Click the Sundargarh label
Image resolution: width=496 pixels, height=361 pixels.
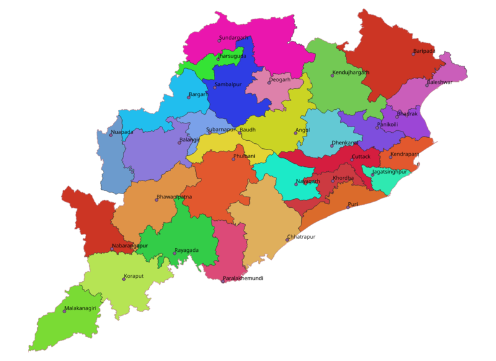[234, 38]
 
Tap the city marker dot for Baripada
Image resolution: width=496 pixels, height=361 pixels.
[414, 54]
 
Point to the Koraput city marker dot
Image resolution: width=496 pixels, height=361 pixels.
[124, 279]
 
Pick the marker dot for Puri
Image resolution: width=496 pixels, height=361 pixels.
[348, 207]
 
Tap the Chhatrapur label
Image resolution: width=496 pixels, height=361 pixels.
[302, 237]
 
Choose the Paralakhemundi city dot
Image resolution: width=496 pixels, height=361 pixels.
[223, 282]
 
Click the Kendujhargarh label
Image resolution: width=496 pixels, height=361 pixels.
[350, 73]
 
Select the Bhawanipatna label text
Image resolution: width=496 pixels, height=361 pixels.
[174, 197]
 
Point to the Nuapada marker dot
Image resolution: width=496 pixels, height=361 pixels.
[111, 135]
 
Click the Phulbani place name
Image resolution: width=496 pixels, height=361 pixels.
[244, 156]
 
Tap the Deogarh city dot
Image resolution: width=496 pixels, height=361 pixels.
[269, 82]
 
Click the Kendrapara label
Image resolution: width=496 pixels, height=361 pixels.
[405, 154]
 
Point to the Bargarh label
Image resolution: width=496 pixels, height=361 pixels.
[198, 94]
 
